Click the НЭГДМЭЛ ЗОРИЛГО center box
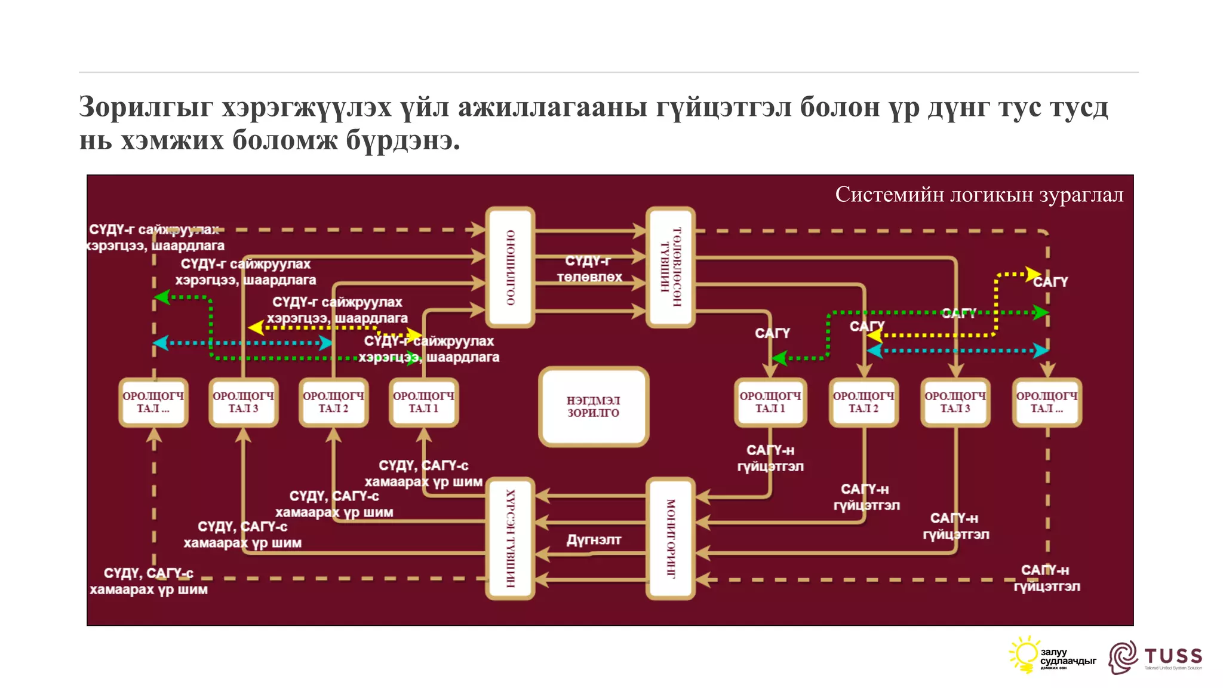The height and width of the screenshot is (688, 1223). [x=594, y=407]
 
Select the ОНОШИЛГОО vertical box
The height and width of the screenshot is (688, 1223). [x=510, y=267]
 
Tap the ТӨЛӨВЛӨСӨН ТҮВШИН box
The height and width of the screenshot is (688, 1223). [x=671, y=267]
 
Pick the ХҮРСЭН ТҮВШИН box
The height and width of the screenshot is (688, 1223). [x=510, y=538]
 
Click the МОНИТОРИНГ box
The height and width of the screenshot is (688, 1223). [x=671, y=538]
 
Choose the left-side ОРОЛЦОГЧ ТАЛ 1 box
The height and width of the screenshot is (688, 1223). [x=423, y=403]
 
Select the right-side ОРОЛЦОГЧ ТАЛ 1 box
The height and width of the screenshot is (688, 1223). [x=770, y=403]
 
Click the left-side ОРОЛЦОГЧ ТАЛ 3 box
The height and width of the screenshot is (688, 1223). [x=243, y=403]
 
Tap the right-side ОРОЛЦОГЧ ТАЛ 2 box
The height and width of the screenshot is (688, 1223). [x=864, y=403]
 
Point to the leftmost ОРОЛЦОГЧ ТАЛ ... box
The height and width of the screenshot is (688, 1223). [x=153, y=403]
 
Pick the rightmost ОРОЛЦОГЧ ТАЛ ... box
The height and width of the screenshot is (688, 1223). [x=1047, y=403]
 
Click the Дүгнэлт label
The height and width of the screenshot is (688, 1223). [x=594, y=540]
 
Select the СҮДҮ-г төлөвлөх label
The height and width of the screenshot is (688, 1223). [x=589, y=269]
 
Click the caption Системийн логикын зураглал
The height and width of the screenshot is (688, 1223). [x=979, y=195]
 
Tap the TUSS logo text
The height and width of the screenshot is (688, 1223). [x=1173, y=656]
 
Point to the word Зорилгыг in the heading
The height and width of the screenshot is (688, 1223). [x=146, y=107]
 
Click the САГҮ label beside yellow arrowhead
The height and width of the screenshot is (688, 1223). [x=1050, y=282]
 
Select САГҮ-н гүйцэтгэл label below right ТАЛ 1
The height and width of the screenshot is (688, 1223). [x=770, y=458]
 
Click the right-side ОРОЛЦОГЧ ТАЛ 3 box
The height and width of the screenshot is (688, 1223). [x=955, y=403]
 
